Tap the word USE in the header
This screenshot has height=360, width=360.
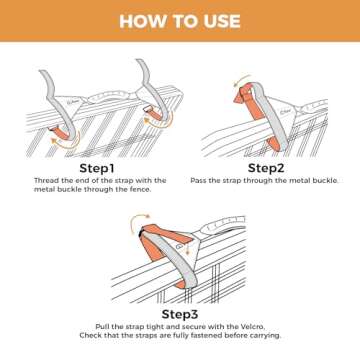pos(217,21)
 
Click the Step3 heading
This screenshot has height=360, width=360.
pos(180,313)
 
